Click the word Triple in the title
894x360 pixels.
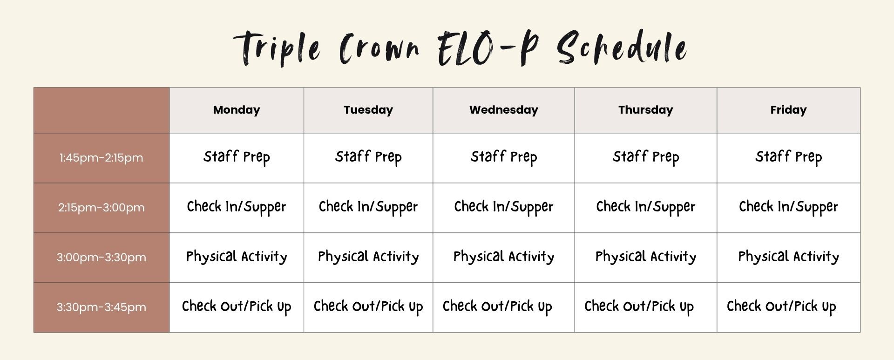pyautogui.click(x=277, y=48)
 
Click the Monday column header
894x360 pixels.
pyautogui.click(x=237, y=110)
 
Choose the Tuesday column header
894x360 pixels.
pyautogui.click(x=368, y=110)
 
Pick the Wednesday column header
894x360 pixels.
pyautogui.click(x=504, y=110)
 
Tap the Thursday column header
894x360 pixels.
pyautogui.click(x=646, y=110)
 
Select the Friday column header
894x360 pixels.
pyautogui.click(x=788, y=110)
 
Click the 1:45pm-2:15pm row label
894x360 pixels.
pyautogui.click(x=101, y=158)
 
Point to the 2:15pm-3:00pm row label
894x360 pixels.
pyautogui.click(x=101, y=208)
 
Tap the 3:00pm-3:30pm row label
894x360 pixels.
pyautogui.click(x=101, y=258)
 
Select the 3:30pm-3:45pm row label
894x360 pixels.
pyautogui.click(x=101, y=307)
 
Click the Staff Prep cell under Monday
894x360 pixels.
pyautogui.click(x=237, y=157)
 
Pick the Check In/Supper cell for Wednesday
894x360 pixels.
pyautogui.click(x=504, y=207)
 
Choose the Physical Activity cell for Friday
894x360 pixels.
pyautogui.click(x=788, y=257)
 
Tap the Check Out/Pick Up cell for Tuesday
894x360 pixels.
pyautogui.click(x=368, y=307)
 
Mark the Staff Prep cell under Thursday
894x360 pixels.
pyautogui.click(x=646, y=157)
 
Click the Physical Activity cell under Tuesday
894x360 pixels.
pyautogui.click(x=368, y=257)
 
